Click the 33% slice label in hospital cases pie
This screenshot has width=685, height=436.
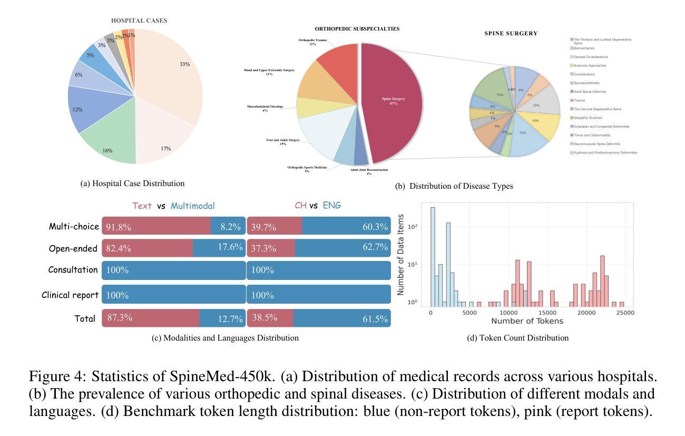click(x=184, y=64)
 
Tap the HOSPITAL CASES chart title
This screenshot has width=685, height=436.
click(x=139, y=21)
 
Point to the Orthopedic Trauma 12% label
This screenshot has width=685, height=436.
click(x=312, y=42)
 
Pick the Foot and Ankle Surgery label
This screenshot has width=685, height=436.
click(x=283, y=142)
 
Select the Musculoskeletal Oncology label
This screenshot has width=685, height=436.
click(x=265, y=108)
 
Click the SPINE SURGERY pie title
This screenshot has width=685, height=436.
click(x=511, y=33)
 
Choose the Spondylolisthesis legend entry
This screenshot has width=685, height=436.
click(x=586, y=83)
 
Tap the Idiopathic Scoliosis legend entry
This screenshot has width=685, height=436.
click(x=588, y=118)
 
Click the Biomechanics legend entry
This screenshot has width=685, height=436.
click(x=584, y=48)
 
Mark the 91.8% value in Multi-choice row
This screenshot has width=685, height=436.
click(x=119, y=227)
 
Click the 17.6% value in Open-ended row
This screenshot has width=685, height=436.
click(x=230, y=247)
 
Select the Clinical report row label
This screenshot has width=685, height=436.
click(x=70, y=295)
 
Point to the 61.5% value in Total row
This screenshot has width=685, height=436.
click(x=375, y=319)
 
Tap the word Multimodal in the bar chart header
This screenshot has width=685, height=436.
click(x=192, y=206)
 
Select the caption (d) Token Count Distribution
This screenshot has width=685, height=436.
click(x=517, y=338)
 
